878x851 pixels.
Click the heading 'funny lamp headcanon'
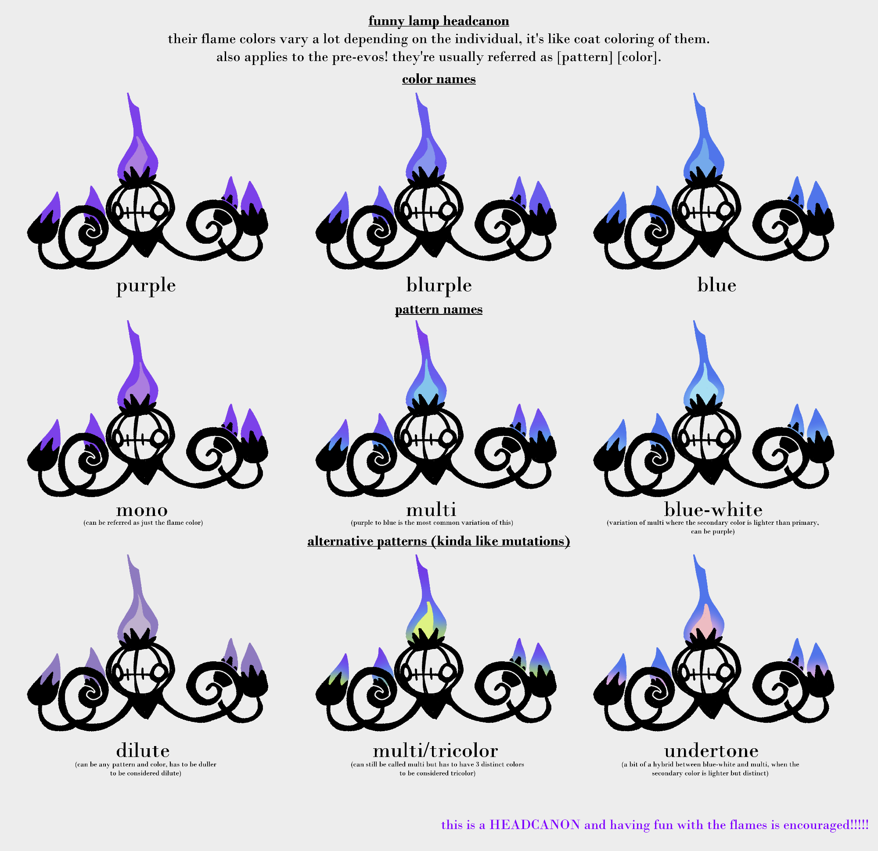(x=439, y=21)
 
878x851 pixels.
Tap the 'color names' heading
(x=439, y=79)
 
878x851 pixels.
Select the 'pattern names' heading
(x=439, y=309)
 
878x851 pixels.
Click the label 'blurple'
(x=439, y=285)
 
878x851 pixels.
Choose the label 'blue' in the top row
(x=717, y=285)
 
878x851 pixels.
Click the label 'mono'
(x=142, y=510)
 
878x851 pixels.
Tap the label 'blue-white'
(x=713, y=509)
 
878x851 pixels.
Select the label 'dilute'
(x=143, y=750)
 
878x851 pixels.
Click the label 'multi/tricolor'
(x=435, y=750)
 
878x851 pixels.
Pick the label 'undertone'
(x=711, y=750)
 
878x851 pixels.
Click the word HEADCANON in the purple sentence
(x=535, y=825)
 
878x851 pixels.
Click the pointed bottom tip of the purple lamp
(x=146, y=257)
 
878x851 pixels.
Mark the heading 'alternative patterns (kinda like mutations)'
(x=439, y=541)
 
